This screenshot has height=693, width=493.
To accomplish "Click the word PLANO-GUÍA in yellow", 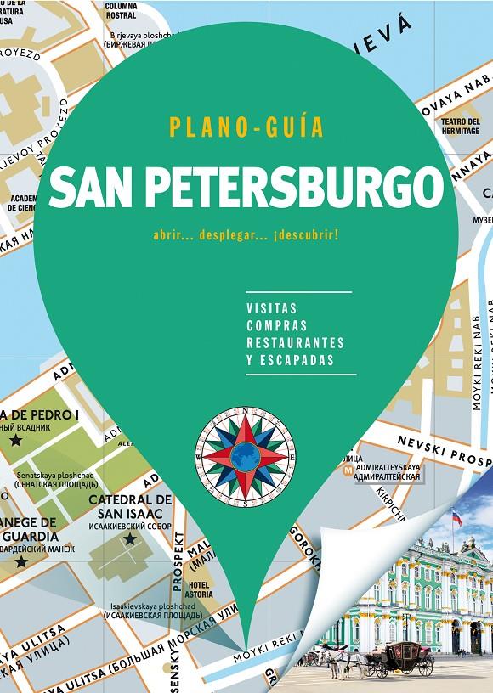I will tap(246, 129).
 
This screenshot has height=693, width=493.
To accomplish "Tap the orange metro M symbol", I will tap(347, 468).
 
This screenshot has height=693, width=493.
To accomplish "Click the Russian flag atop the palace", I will tap(456, 516).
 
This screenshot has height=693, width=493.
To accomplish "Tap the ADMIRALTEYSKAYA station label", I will tap(391, 468).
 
